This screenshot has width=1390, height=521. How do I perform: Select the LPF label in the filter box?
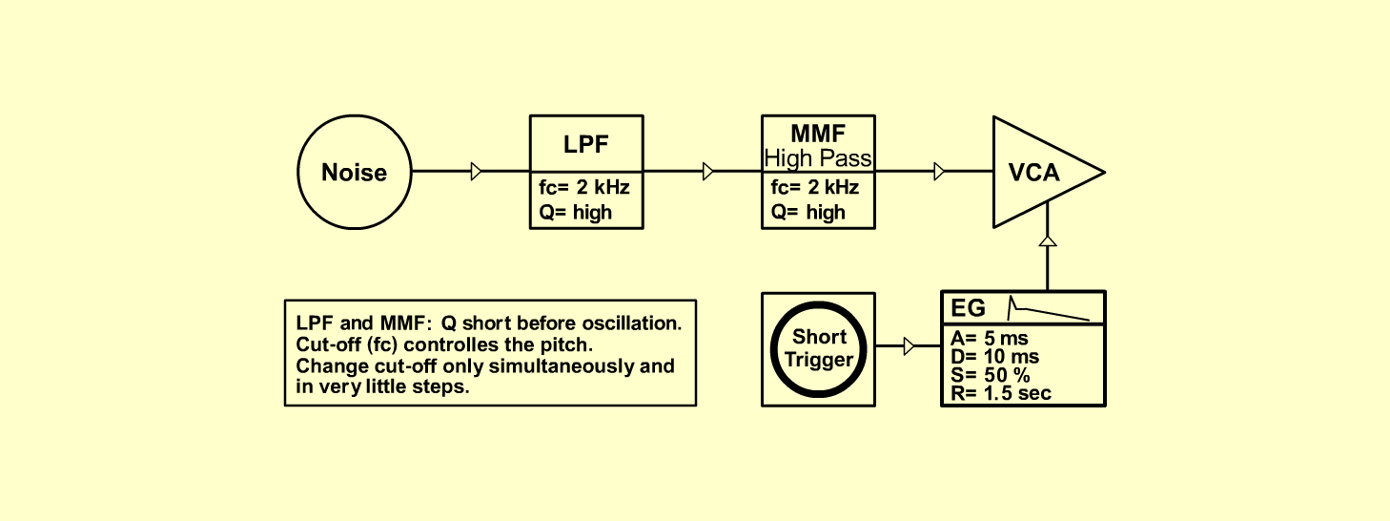click(x=585, y=145)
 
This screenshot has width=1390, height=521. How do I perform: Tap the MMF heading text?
click(x=818, y=134)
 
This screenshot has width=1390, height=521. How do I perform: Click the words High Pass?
click(x=818, y=158)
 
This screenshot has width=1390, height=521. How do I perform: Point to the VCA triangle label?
click(x=1033, y=173)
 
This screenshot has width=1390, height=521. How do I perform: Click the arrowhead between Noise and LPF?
click(x=476, y=172)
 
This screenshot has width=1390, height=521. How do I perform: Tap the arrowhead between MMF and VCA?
click(x=939, y=172)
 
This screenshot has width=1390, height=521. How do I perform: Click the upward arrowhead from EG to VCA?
click(x=1048, y=241)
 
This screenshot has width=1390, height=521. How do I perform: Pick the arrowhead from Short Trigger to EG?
click(x=910, y=346)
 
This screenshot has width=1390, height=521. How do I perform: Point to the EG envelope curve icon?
click(x=1049, y=308)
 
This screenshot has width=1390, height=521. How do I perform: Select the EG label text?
click(x=968, y=308)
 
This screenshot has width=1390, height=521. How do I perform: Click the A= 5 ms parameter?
click(x=990, y=339)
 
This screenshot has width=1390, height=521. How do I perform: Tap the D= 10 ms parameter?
click(x=994, y=357)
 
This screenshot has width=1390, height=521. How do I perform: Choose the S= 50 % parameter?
click(x=991, y=375)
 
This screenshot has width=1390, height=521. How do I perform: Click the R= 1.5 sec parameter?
click(x=1001, y=393)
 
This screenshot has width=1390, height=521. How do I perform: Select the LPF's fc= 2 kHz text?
click(x=583, y=187)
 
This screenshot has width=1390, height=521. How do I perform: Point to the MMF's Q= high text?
click(x=807, y=213)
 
